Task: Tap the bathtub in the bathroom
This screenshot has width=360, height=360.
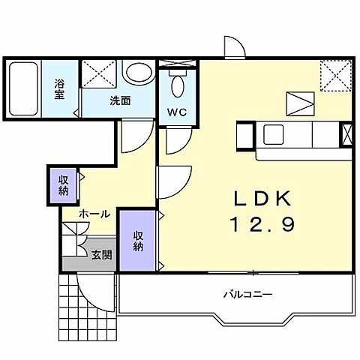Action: pos(23,88)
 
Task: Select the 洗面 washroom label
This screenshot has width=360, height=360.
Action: pos(121,100)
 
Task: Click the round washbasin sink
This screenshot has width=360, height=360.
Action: pos(139,72)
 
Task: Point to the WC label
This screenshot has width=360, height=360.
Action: pos(177,112)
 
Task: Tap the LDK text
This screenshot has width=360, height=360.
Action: pos(262,198)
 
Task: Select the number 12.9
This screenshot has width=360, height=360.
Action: pos(262,224)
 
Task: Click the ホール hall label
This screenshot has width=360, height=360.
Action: pos(94,214)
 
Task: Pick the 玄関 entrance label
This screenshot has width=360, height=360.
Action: pos(101,255)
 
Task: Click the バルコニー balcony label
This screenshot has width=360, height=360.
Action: pos(247,294)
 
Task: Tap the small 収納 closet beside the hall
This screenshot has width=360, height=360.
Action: pos(63,185)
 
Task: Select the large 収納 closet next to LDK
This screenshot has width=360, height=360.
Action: pos(138,241)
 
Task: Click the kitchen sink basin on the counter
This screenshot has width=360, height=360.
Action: pos(273,134)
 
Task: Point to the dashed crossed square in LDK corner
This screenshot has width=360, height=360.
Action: pos(336,75)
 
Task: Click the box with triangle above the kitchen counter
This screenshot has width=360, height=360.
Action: pos(300,103)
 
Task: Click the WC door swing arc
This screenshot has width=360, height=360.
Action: pos(181,145)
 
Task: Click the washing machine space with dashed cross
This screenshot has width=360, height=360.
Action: pos(99,73)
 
